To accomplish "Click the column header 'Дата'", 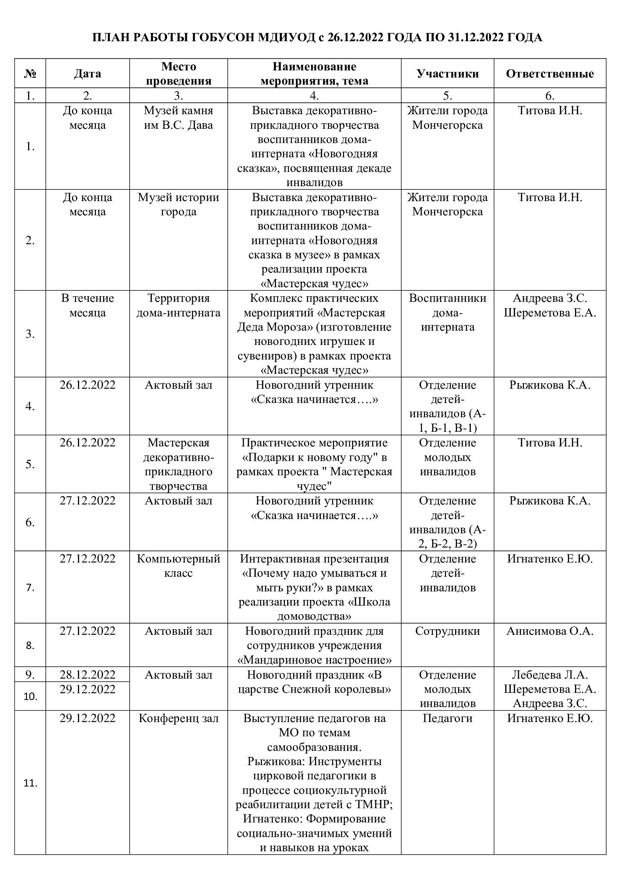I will click(x=87, y=74).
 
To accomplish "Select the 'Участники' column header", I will click(x=448, y=74).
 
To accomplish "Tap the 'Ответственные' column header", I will click(x=550, y=74).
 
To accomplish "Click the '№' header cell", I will click(x=30, y=74).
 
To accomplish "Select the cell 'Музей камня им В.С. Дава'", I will click(x=178, y=118).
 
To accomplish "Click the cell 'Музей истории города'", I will click(x=178, y=204).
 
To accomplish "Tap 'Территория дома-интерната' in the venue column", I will click(x=178, y=305).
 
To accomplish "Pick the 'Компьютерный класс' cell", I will click(x=178, y=566).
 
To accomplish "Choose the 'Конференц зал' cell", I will click(x=178, y=718).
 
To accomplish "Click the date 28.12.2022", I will click(x=87, y=675).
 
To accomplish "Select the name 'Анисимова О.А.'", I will click(x=550, y=631).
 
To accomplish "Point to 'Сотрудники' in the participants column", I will click(x=448, y=631).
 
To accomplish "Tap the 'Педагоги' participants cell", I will click(x=448, y=718).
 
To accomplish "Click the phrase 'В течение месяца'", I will click(x=87, y=305).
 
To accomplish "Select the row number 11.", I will click(x=30, y=783).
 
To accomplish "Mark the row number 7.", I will click(x=30, y=588).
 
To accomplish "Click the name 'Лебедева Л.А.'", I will click(x=550, y=675).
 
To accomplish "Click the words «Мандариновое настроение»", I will click(x=314, y=660).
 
